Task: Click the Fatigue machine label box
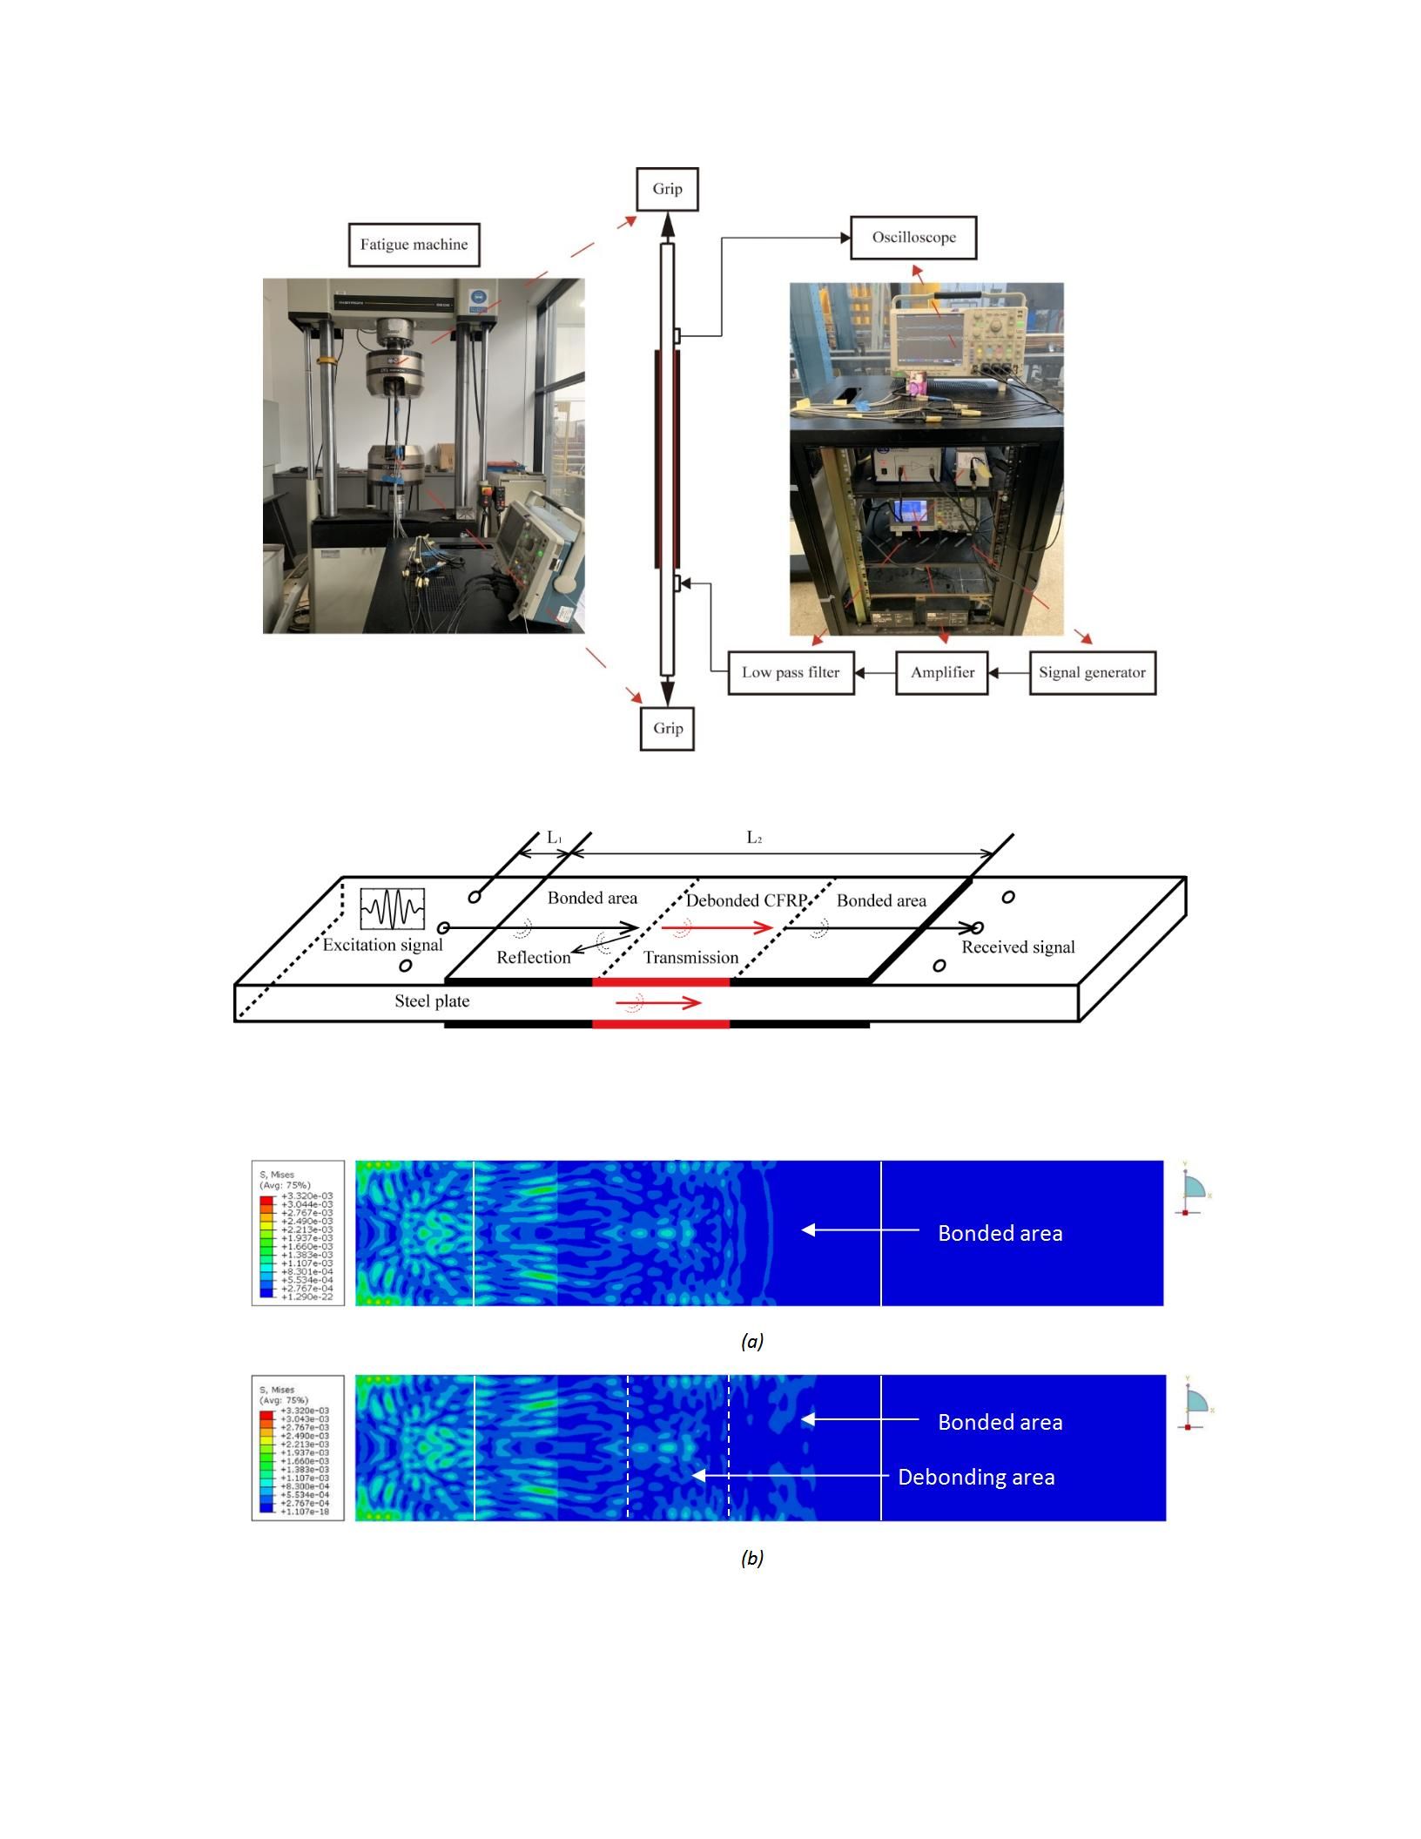[x=414, y=245]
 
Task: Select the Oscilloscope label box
[x=913, y=238]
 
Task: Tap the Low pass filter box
[x=791, y=672]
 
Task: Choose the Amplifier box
[x=942, y=672]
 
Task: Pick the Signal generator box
[x=1092, y=672]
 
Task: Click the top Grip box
[x=667, y=189]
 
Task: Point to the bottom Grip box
[x=668, y=728]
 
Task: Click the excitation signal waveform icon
[x=393, y=910]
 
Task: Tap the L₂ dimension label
[x=754, y=838]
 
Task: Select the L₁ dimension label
[x=555, y=838]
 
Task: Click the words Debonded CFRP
[x=747, y=900]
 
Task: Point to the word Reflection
[x=533, y=958]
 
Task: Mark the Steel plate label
[x=432, y=1001]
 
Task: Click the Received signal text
[x=1018, y=947]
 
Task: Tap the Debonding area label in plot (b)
[x=976, y=1477]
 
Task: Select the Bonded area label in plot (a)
[x=1000, y=1233]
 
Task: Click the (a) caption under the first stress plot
[x=752, y=1341]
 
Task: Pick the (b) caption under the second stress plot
[x=752, y=1558]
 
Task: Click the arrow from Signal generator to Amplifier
[x=1008, y=673]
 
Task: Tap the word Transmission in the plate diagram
[x=690, y=958]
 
